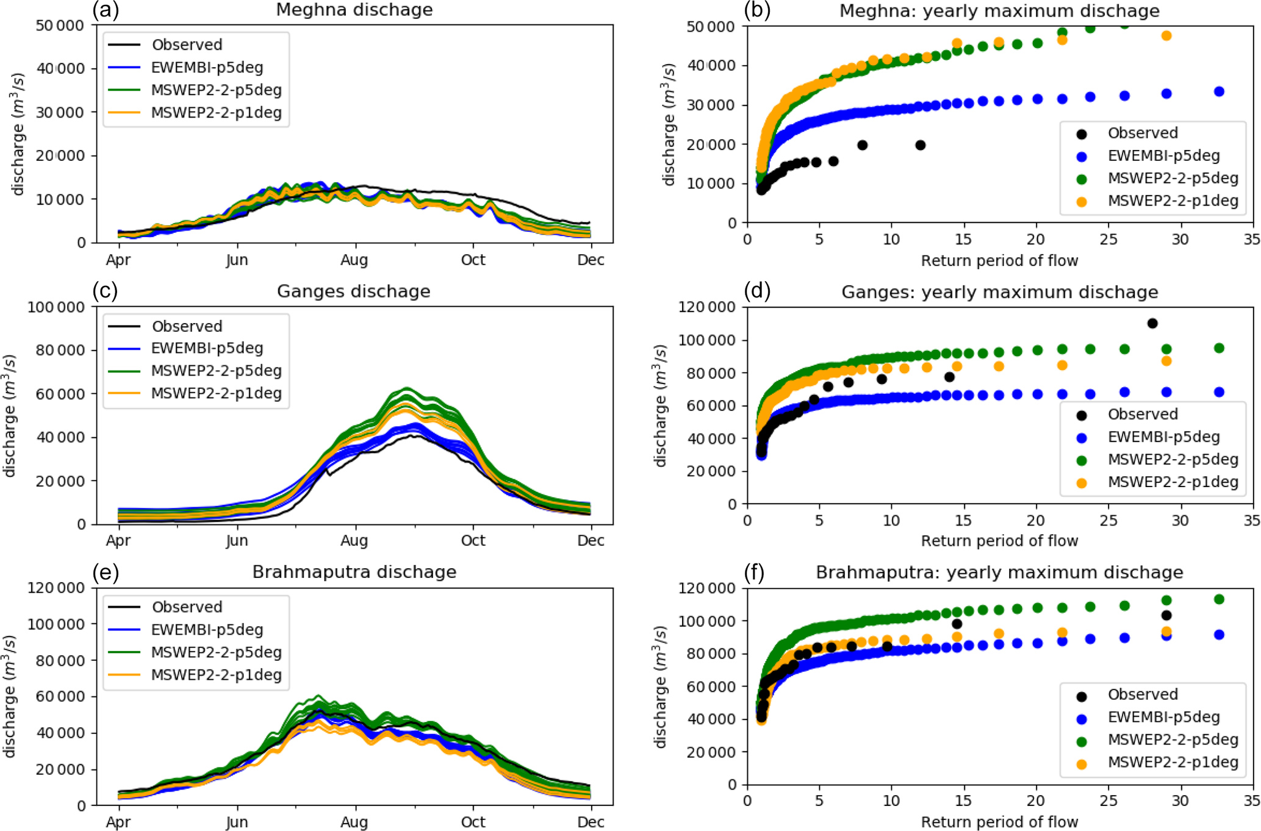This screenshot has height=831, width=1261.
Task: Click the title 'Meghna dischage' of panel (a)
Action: [x=354, y=10]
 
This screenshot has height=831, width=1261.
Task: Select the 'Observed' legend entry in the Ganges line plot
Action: [x=187, y=326]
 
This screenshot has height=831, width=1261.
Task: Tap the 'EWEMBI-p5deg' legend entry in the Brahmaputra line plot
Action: [x=207, y=630]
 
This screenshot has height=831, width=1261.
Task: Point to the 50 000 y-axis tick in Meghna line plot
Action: [x=60, y=26]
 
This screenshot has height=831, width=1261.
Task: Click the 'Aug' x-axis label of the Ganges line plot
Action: [x=354, y=541]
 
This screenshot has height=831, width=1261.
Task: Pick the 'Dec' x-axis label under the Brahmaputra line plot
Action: [x=591, y=822]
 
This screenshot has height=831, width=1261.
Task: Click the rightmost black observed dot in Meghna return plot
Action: [x=921, y=145]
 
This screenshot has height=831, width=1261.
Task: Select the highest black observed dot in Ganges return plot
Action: [x=1152, y=323]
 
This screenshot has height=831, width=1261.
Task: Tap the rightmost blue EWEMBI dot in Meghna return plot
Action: [x=1219, y=91]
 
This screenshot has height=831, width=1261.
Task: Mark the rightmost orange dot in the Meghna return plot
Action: [x=1166, y=36]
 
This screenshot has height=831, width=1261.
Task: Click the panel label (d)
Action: [x=757, y=291]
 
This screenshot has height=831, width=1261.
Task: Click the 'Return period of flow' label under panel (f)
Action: [x=999, y=822]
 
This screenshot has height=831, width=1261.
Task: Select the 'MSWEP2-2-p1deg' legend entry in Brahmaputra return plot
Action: [x=1173, y=762]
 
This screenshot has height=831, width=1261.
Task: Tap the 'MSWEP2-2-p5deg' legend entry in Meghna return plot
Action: [x=1173, y=178]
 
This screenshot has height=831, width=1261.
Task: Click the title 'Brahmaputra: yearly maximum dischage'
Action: [x=999, y=572]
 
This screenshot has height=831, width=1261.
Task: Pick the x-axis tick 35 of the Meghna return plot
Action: [x=1251, y=240]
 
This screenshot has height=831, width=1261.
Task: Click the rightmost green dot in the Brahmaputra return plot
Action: [x=1219, y=599]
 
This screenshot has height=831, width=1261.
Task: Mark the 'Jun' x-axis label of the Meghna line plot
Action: [x=237, y=260]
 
